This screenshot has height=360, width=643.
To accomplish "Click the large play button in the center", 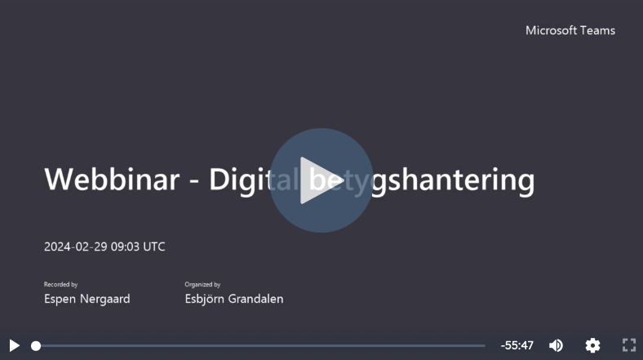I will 321,180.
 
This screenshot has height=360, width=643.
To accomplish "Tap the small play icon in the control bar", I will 14,345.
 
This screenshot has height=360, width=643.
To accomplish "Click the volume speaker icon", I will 556,345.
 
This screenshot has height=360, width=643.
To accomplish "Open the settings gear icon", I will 593,345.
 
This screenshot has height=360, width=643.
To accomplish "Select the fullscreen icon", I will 629,345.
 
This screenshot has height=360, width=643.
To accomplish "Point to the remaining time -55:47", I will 517,345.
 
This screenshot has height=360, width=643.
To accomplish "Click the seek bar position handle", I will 36,345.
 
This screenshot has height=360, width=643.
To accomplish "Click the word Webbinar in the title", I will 111,180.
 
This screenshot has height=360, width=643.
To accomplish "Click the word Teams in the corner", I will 597,30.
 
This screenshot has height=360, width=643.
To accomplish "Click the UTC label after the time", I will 154,247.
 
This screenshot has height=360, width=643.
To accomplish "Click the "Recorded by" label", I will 61,284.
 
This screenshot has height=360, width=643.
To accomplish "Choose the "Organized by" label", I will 203,284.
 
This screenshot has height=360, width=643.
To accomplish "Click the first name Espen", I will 61,299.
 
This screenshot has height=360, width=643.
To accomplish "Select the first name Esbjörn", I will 206,299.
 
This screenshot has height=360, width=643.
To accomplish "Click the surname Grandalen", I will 258,299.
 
